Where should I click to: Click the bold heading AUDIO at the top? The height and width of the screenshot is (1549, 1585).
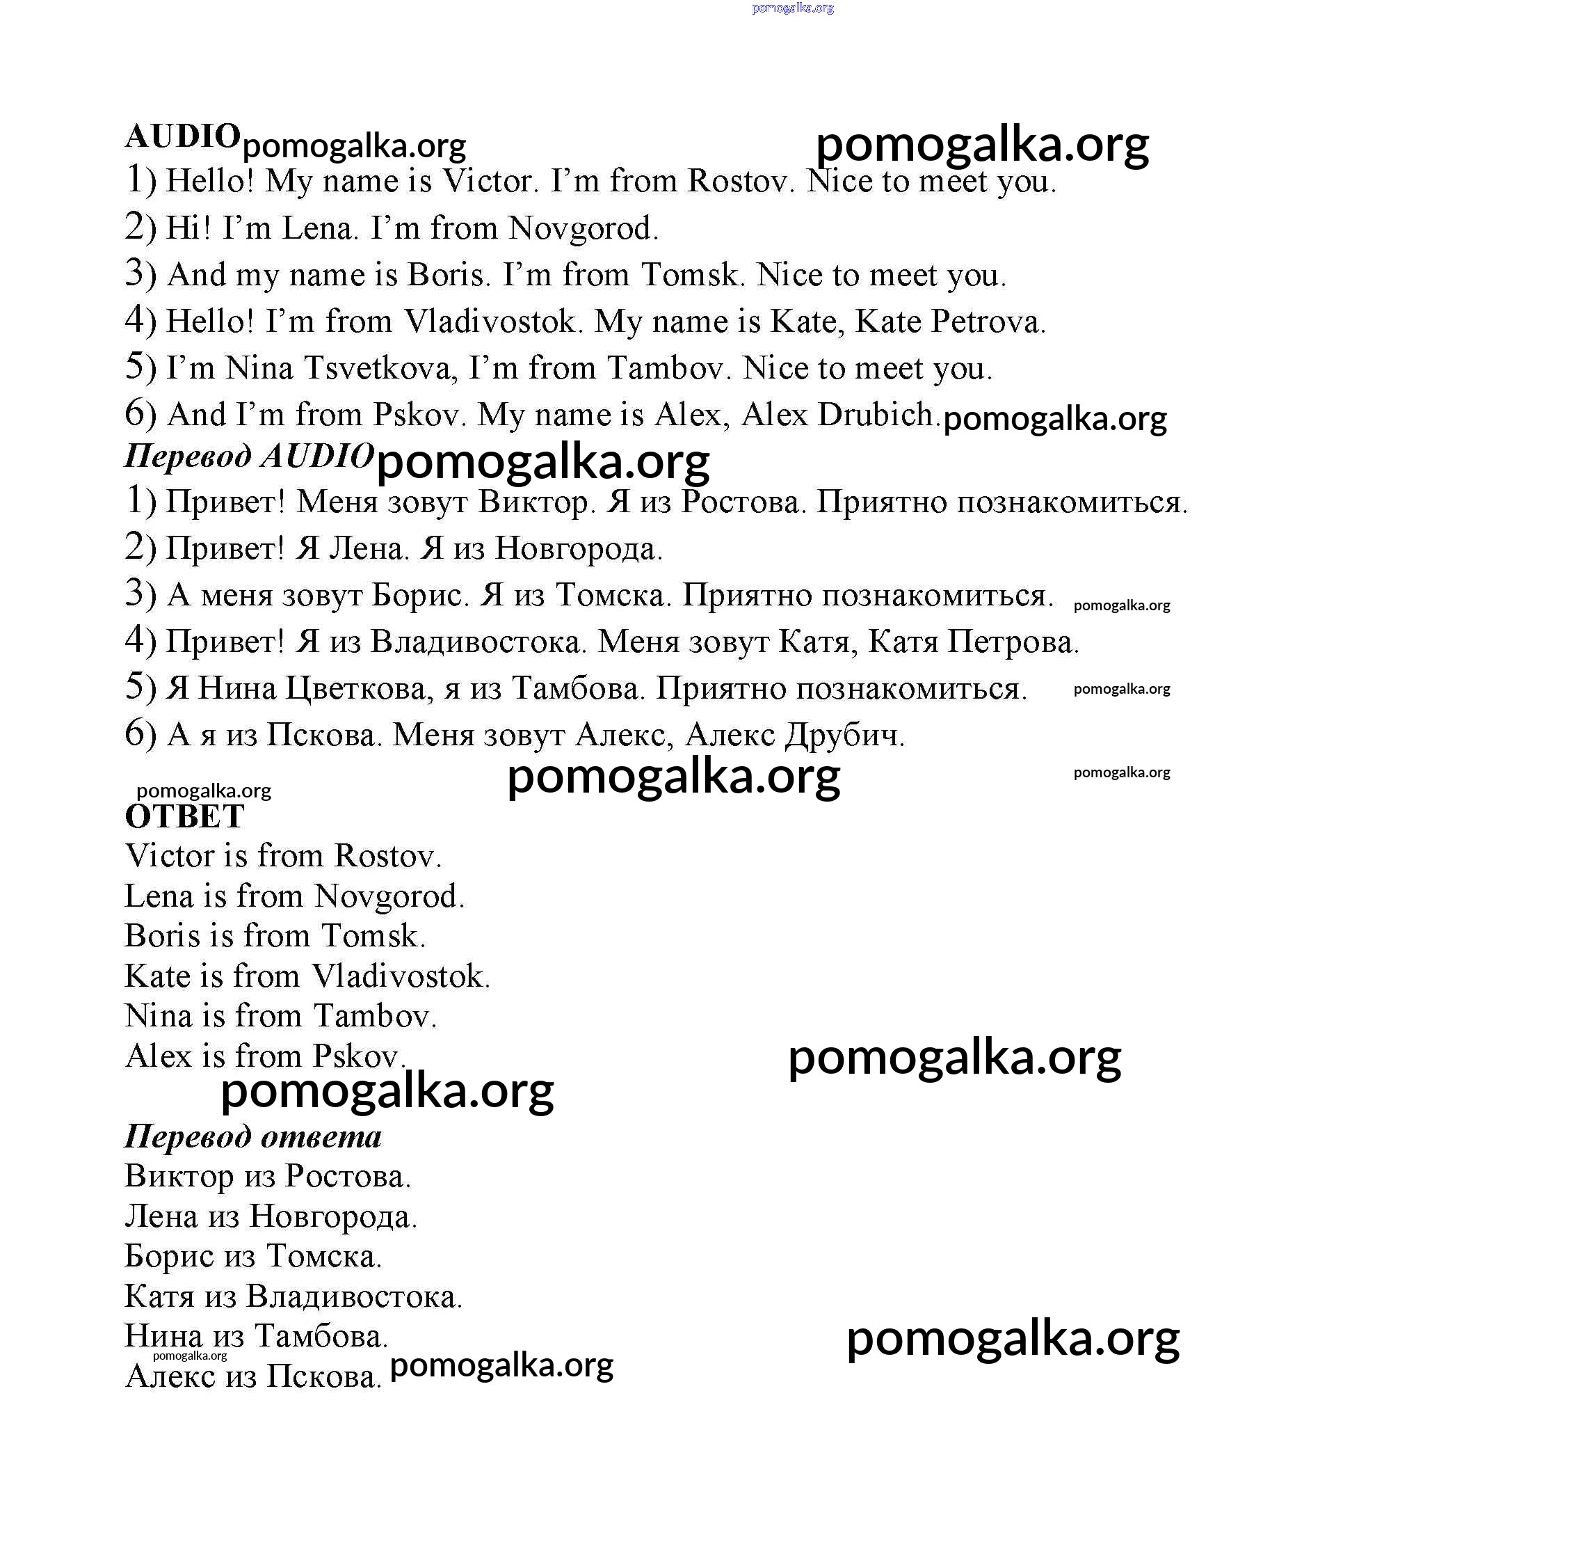point(182,136)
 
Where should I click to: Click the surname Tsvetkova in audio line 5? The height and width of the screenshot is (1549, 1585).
point(378,369)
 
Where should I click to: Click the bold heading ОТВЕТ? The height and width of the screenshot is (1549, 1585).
point(184,817)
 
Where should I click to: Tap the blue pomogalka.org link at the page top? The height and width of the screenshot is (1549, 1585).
point(792,8)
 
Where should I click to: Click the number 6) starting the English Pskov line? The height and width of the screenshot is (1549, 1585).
point(140,415)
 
